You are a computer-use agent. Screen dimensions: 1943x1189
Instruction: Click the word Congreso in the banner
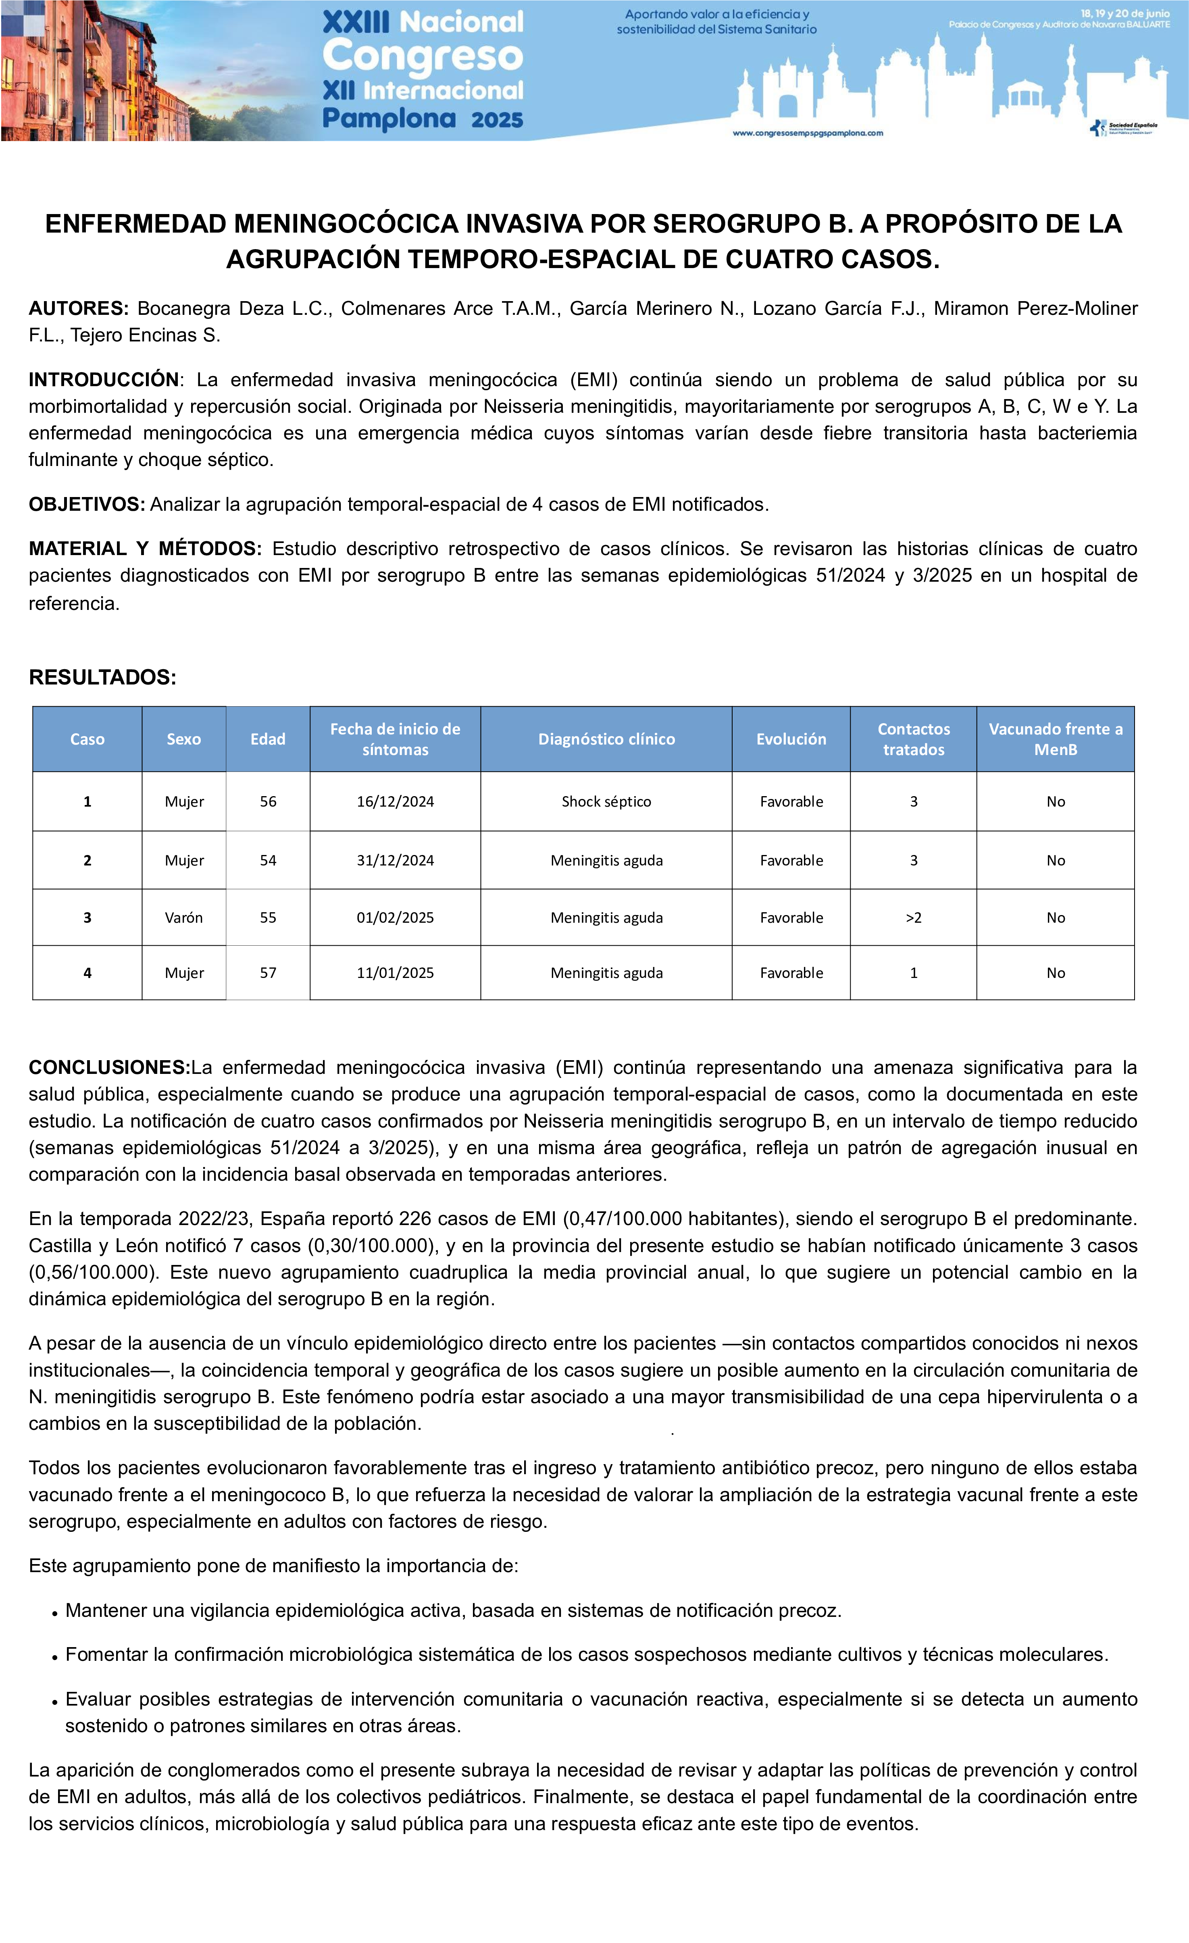tap(423, 56)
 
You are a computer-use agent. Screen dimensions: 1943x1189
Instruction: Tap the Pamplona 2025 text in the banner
tap(423, 119)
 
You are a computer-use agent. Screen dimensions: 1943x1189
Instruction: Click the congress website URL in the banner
tap(808, 133)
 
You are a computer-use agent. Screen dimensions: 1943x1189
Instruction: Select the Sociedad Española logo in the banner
tap(1124, 128)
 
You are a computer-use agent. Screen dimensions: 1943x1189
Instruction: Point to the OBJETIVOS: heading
tap(87, 505)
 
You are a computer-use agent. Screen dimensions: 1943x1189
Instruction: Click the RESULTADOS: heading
tap(102, 677)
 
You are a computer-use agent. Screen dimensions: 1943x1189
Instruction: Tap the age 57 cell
tap(268, 973)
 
